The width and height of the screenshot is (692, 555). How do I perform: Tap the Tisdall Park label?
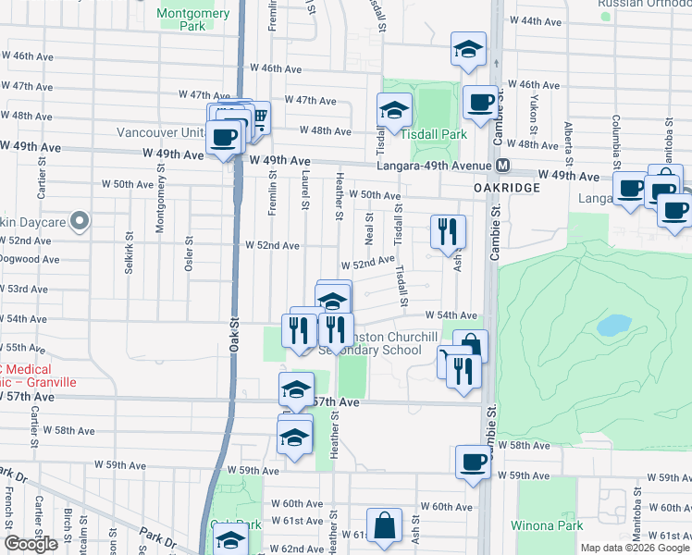[434, 134]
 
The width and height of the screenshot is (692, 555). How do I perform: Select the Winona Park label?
[547, 525]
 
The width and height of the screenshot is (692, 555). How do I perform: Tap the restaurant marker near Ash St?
[448, 232]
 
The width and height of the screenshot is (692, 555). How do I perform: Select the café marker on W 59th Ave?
[473, 462]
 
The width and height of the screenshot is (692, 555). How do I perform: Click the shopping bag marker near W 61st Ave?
[383, 526]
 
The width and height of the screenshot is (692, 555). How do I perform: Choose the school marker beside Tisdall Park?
[394, 110]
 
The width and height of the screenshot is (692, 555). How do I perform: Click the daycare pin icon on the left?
[80, 221]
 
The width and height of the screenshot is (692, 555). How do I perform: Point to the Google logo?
[31, 544]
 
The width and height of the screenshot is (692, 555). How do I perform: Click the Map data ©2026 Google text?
[635, 548]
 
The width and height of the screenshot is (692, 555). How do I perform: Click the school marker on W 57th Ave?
[296, 389]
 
